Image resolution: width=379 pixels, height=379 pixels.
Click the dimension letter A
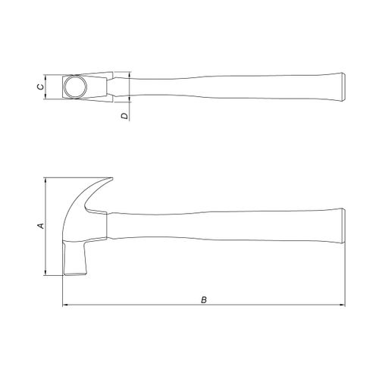click(x=41, y=226)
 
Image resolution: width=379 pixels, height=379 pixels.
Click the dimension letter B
click(x=204, y=300)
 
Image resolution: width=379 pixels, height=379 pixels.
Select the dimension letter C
click(x=40, y=86)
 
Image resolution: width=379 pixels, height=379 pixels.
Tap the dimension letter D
click(x=124, y=116)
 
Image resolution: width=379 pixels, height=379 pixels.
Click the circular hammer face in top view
click(x=75, y=86)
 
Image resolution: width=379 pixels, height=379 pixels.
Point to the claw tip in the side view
click(x=111, y=179)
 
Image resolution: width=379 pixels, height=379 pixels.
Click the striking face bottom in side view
click(x=75, y=274)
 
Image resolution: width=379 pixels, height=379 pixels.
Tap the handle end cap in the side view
click(x=343, y=226)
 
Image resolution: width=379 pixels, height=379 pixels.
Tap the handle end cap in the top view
click(x=344, y=87)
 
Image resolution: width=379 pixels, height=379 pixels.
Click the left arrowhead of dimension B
click(x=64, y=305)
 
